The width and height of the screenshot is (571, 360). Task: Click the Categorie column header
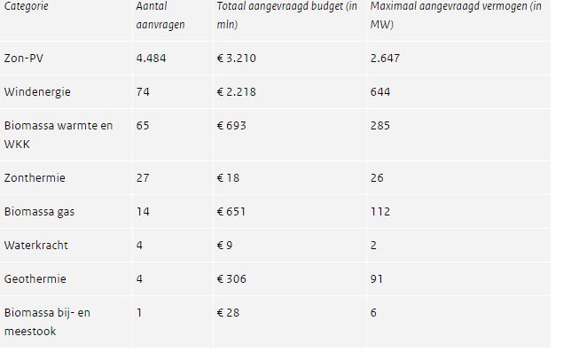(x=27, y=7)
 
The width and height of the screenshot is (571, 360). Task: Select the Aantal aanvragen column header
(x=160, y=16)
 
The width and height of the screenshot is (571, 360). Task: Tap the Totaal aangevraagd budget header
(x=288, y=16)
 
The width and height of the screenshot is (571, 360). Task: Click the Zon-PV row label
(x=24, y=59)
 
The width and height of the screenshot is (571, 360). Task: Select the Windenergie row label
(x=36, y=92)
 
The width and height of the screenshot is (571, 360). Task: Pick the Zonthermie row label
(x=35, y=178)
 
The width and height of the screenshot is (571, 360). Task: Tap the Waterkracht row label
(x=35, y=246)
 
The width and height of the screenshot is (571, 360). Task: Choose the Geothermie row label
(x=35, y=279)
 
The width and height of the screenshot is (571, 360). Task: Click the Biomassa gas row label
(x=40, y=212)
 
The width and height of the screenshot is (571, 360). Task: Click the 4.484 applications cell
(x=151, y=59)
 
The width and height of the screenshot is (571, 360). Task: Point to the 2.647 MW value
(x=386, y=59)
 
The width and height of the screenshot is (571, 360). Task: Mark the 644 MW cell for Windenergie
(x=380, y=92)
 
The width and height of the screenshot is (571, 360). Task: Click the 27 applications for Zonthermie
(x=143, y=178)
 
